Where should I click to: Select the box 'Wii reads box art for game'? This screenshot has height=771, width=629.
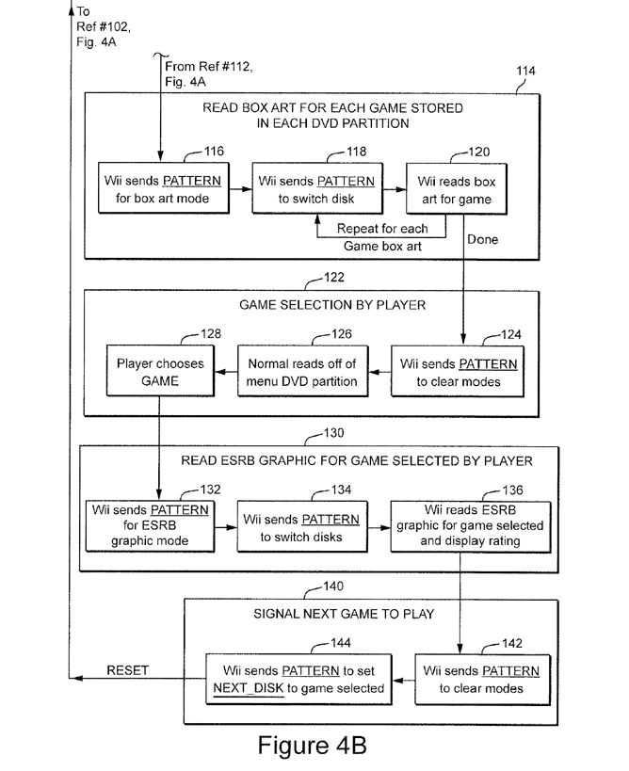[x=455, y=189]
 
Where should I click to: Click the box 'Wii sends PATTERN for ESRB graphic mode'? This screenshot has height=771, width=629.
[x=151, y=524]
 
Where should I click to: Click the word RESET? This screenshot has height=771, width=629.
[x=127, y=670]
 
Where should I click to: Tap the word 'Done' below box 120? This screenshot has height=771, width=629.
[x=482, y=239]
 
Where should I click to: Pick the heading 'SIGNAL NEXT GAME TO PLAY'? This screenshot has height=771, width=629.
[x=342, y=614]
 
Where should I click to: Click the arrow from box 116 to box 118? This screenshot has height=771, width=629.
[x=239, y=188]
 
